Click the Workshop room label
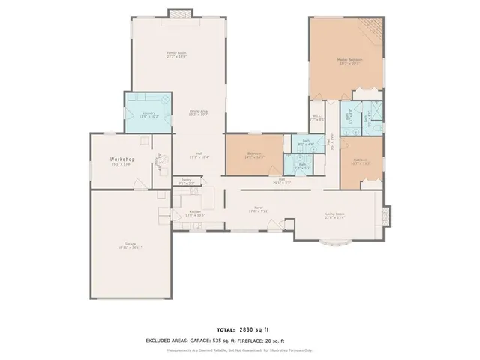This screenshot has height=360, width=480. pos(121,160)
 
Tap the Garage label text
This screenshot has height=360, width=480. pos(130,244)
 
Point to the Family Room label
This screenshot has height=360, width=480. pos(176,53)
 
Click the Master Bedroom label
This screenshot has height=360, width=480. pos(349,60)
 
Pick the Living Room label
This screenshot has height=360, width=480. pos(334,215)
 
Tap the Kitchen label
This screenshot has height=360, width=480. pos(195,213)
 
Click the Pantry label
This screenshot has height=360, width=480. pos(186,181)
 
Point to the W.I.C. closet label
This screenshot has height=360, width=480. pos(316,116)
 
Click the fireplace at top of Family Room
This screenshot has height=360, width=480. pos(177,13)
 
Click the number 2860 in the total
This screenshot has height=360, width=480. pos(248,329)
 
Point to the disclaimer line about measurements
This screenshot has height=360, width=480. pos(240,349)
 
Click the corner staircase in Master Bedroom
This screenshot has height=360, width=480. pos(372,30)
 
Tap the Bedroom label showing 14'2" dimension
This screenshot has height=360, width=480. pos(253,155)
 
